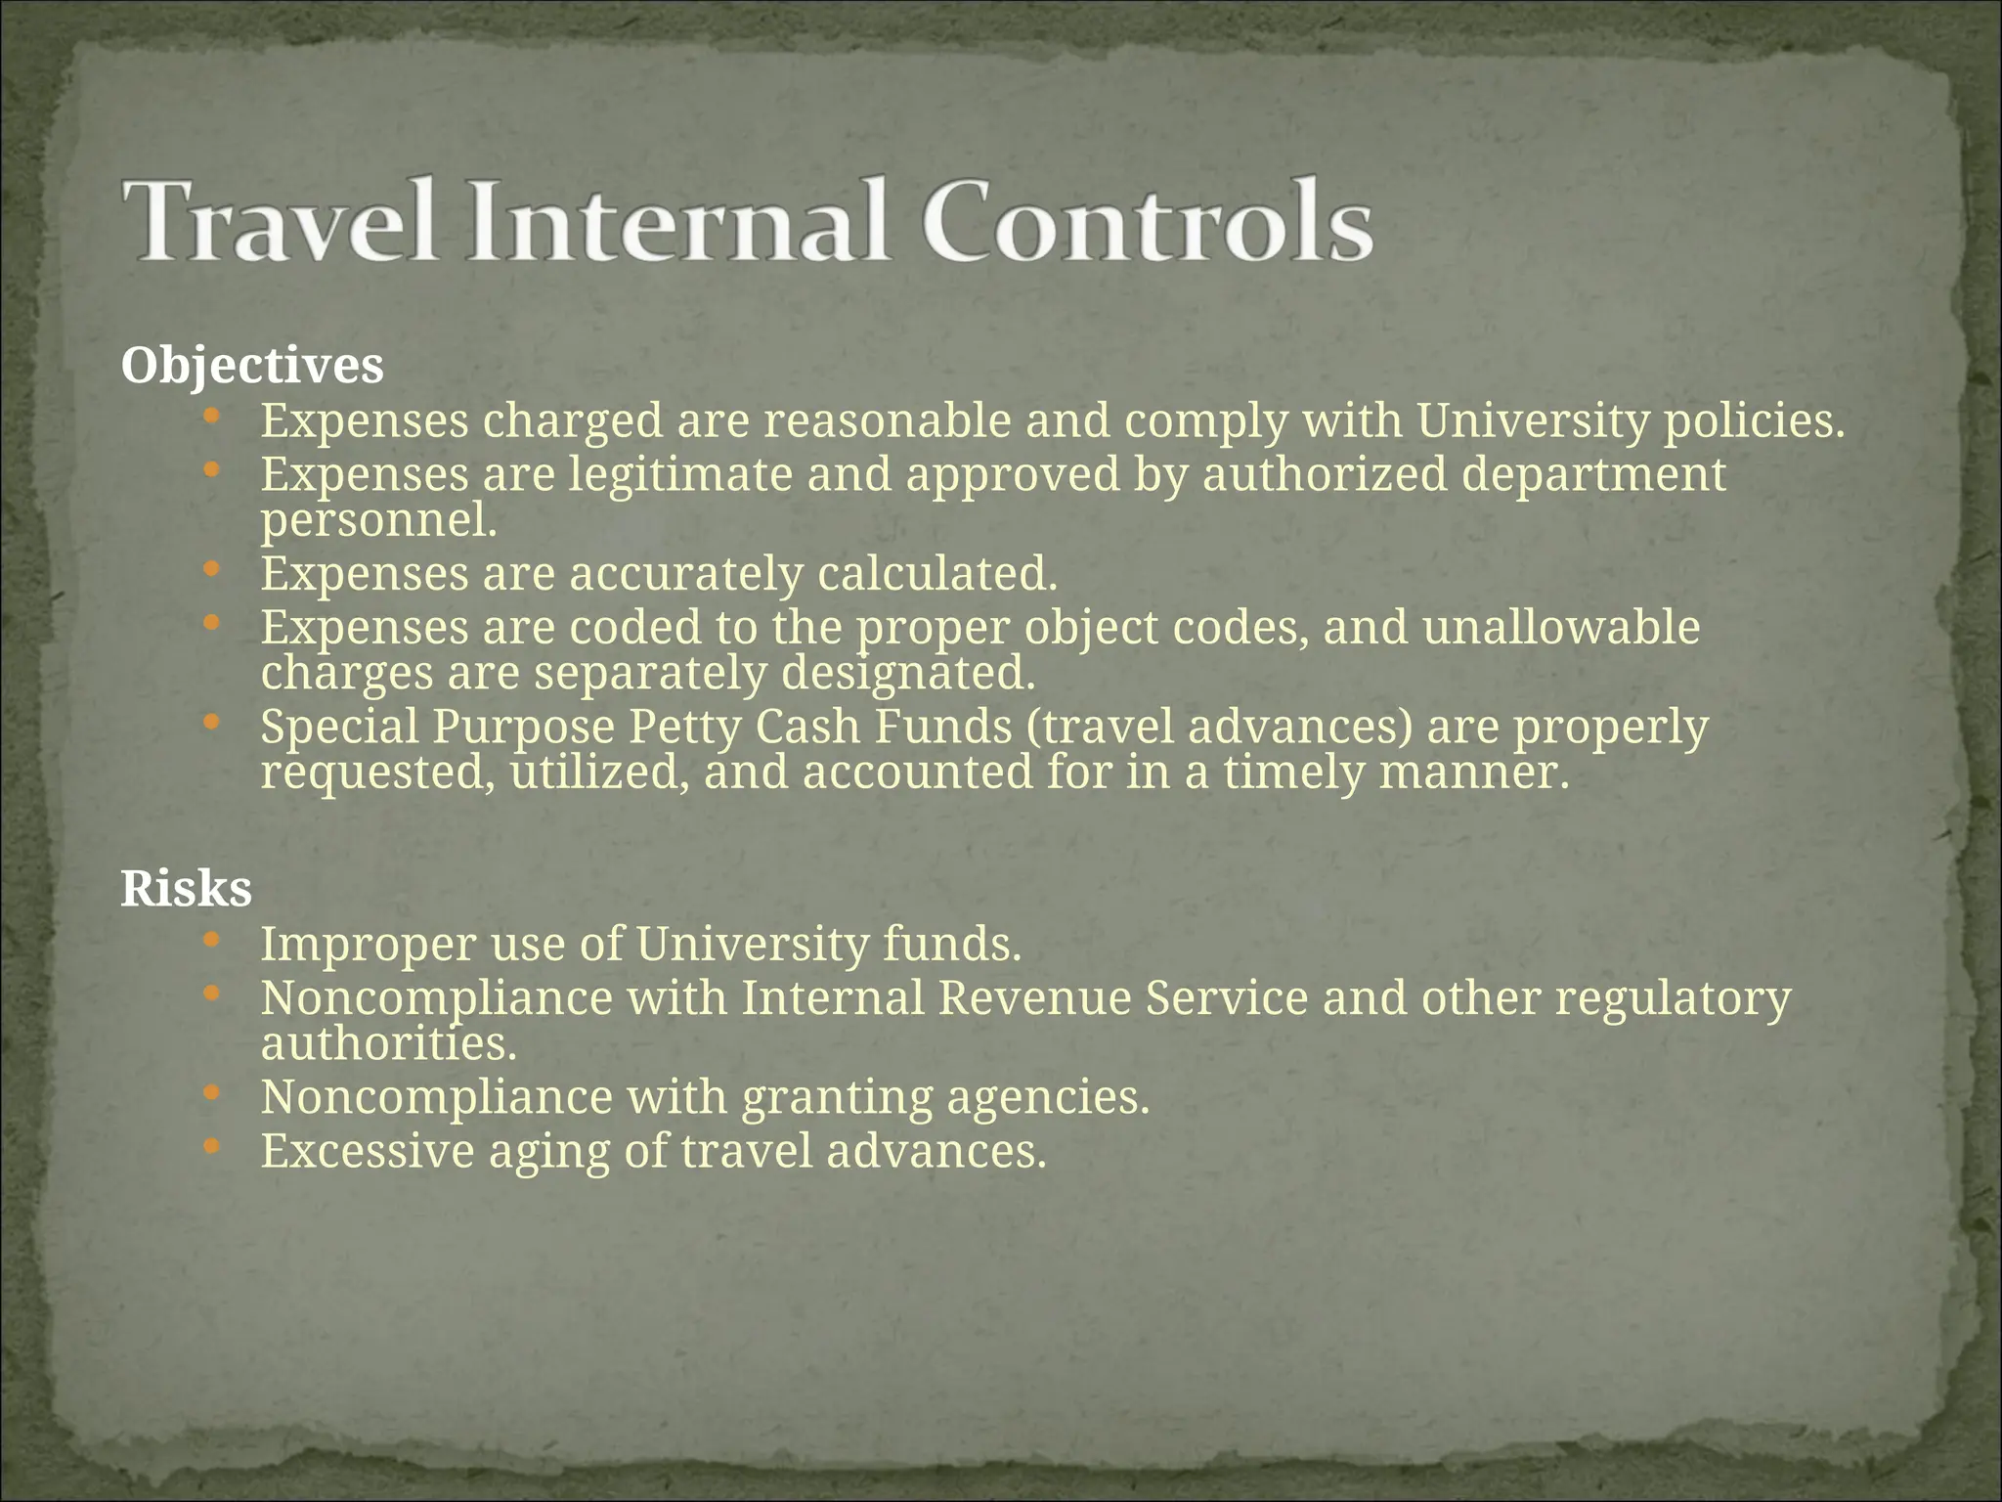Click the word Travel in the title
(280, 220)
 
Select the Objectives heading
(252, 366)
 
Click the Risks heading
(186, 889)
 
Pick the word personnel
(378, 520)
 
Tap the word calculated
(936, 574)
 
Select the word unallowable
(1561, 628)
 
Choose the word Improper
(368, 946)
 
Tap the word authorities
(388, 1043)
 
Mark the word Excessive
(368, 1151)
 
